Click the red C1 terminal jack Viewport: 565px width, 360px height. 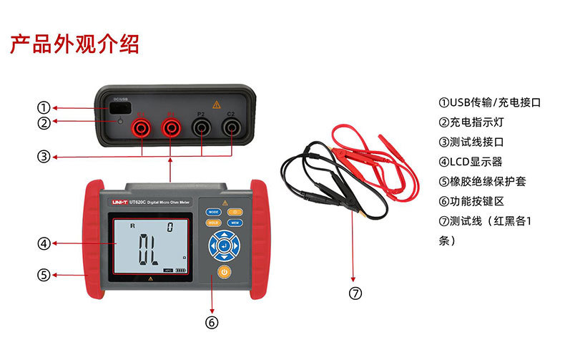[x=141, y=127]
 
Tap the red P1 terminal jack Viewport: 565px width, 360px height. [x=171, y=127]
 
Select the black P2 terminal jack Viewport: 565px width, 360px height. [x=201, y=127]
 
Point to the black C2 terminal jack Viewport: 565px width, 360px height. [x=230, y=127]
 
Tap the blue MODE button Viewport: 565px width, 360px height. [x=214, y=212]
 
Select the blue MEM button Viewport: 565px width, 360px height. [x=235, y=223]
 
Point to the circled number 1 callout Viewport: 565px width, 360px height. [x=44, y=107]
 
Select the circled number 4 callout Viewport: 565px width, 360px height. [x=44, y=244]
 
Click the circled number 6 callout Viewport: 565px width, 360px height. [x=211, y=322]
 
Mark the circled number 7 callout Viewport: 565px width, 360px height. [x=355, y=292]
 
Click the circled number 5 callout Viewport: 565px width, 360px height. [x=44, y=274]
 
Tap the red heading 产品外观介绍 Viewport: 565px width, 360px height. [x=74, y=44]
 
